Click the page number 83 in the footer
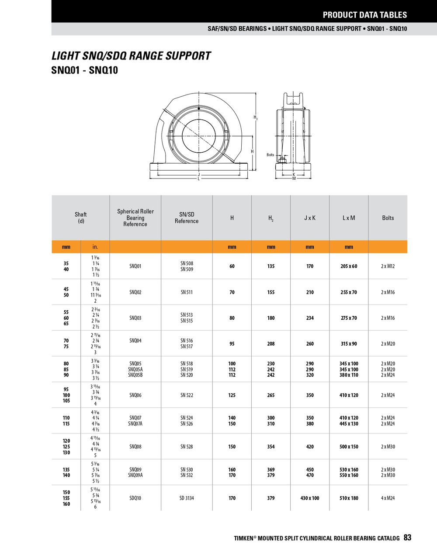407,538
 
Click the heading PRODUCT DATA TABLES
364,15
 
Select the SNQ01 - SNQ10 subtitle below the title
84,70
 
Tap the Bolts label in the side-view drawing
271,155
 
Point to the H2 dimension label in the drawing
256,117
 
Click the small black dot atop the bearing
199,108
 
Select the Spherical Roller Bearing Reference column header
135,217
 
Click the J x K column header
310,218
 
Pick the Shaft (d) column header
81,217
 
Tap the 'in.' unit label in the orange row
95,247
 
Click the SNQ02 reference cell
135,292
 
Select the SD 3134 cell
187,498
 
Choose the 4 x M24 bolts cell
388,498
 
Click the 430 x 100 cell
310,498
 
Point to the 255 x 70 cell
349,292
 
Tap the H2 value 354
271,447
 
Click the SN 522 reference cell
187,395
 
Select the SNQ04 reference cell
135,340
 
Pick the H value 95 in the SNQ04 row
232,344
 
